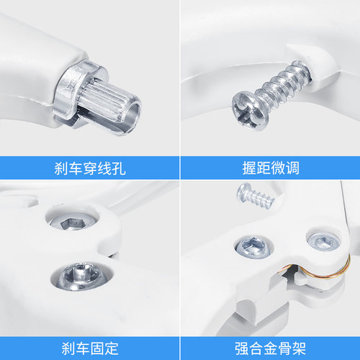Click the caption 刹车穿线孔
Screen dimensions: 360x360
coord(90,168)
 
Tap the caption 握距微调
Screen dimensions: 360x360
coord(271,168)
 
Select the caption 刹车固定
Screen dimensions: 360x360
coord(90,348)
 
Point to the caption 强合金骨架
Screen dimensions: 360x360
coord(270,348)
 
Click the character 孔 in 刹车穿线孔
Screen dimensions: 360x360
coord(119,168)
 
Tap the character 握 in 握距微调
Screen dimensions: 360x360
coord(249,168)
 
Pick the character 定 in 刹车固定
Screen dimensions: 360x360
coord(112,348)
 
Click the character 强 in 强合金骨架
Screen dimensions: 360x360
coord(241,348)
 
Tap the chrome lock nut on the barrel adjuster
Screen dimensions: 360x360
coord(72,92)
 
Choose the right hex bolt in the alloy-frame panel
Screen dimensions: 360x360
coord(324,242)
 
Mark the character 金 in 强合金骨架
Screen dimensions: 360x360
coord(270,348)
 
